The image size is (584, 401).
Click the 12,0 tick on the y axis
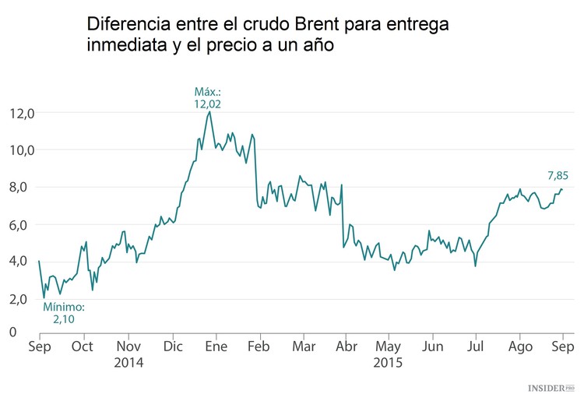[x=22, y=113]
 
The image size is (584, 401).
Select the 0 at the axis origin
[x=13, y=332]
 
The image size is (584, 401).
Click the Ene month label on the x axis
[x=216, y=346]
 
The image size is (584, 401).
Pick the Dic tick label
[x=173, y=346]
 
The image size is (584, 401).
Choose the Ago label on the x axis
[x=522, y=346]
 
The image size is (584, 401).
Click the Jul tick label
[x=476, y=346]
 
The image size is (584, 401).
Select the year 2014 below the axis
[x=128, y=363]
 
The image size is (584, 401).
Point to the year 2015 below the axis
[x=388, y=363]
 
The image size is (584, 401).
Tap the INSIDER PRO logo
[x=549, y=387]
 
